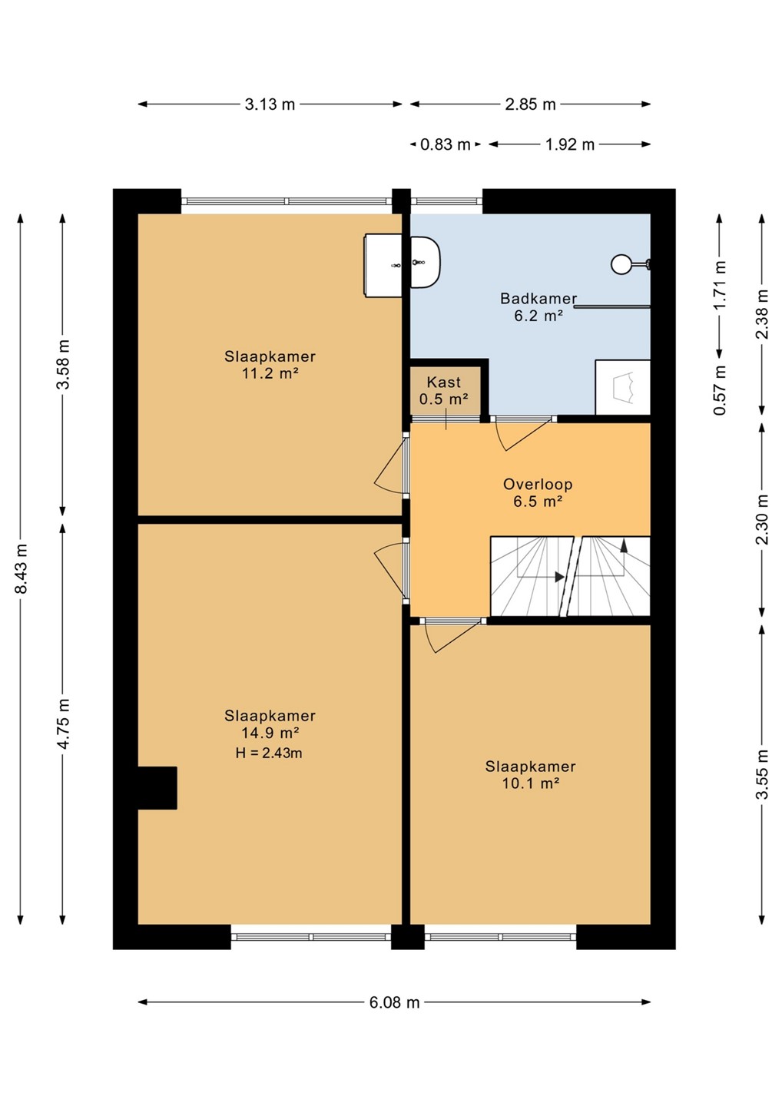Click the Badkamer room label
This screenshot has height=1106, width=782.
(538, 298)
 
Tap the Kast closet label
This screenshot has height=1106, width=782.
(444, 382)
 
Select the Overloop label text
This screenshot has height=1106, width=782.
(538, 484)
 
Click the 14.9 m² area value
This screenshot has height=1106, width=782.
(270, 732)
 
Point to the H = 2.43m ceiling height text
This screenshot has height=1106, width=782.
(269, 753)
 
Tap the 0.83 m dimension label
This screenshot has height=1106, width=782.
(446, 144)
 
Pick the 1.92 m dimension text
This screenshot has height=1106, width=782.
(570, 144)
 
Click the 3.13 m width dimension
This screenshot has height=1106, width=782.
(270, 104)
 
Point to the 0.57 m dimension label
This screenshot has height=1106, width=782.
(721, 390)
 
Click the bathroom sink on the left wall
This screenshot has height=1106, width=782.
(426, 262)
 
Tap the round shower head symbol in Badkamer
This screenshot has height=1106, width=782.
(621, 264)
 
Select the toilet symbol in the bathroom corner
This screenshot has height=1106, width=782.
(622, 388)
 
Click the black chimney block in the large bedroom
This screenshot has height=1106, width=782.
(157, 788)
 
